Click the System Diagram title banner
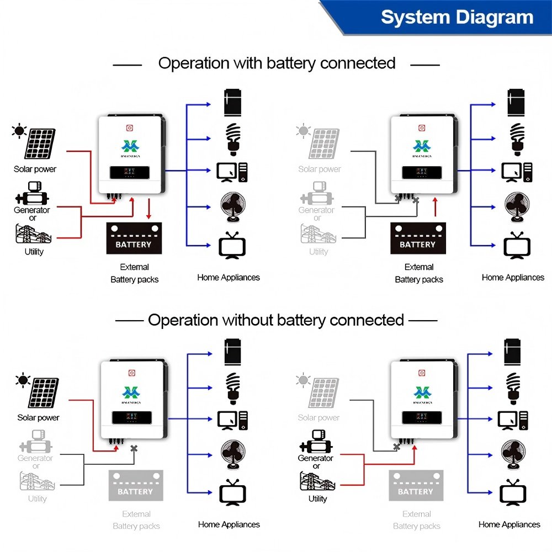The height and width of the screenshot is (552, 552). click(457, 18)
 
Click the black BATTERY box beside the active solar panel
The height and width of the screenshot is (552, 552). click(134, 238)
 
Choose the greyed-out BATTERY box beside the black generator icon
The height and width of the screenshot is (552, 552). click(416, 485)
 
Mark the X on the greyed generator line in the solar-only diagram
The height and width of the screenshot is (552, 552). click(134, 448)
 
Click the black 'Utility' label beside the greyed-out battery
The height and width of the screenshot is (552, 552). click(317, 499)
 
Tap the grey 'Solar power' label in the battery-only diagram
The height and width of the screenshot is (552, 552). click(320, 169)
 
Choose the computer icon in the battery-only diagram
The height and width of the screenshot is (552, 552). click(517, 172)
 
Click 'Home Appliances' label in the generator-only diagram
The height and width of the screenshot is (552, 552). click(509, 524)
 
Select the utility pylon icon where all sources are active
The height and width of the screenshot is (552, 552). click(34, 233)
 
